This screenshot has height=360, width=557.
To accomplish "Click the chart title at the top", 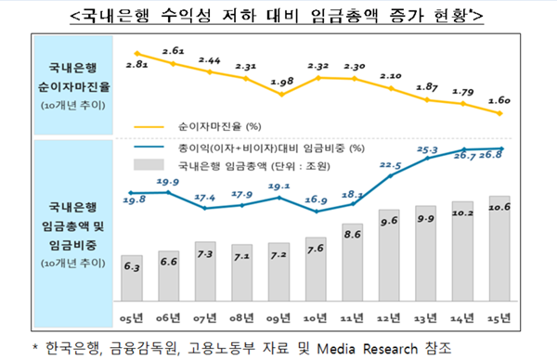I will coord(279,16).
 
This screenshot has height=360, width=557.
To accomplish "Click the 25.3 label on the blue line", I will coord(429,148).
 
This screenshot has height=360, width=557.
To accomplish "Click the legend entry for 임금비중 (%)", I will coord(270,148).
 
